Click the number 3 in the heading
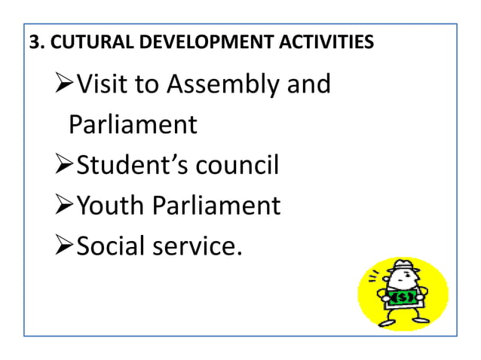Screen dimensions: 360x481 coord(33,42)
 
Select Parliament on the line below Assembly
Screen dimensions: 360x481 coord(133,124)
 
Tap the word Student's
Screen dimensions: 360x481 coord(133,164)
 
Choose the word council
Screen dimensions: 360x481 coord(237,164)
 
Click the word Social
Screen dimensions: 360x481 coord(113,245)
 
